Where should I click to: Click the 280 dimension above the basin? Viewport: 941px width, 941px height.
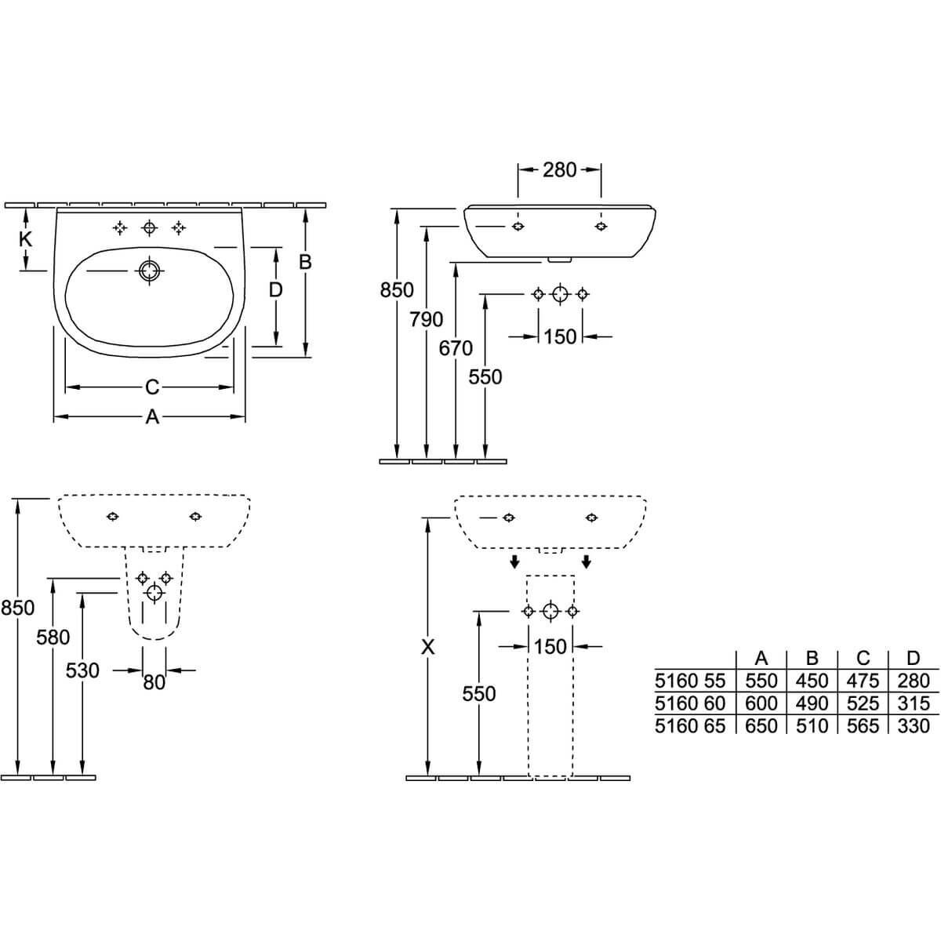click(x=559, y=170)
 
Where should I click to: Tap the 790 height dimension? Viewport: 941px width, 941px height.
click(x=427, y=319)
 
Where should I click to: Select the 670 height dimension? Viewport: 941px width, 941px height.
click(x=456, y=348)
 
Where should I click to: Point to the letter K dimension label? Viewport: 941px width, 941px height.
click(x=25, y=239)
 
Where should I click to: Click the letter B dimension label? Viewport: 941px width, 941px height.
click(x=305, y=262)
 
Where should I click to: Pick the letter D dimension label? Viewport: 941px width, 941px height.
click(x=276, y=290)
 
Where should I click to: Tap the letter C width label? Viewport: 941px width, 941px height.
click(x=152, y=387)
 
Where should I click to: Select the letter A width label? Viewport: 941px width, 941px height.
click(x=152, y=417)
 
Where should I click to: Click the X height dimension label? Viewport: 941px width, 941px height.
click(x=428, y=648)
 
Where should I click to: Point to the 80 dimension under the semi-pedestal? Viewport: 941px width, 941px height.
click(x=154, y=683)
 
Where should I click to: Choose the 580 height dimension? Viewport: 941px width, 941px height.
click(x=53, y=638)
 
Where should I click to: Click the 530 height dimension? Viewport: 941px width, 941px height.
click(x=82, y=670)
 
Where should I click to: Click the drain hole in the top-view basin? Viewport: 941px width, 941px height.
click(x=150, y=271)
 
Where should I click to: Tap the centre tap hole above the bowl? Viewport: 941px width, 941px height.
click(x=150, y=227)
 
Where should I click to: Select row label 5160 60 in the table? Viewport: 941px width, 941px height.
click(x=690, y=703)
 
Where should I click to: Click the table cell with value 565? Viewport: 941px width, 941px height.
click(x=863, y=726)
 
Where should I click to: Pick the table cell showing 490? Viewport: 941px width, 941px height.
click(x=812, y=703)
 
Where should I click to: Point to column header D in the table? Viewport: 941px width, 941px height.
click(x=913, y=658)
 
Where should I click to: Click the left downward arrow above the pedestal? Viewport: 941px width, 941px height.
click(x=514, y=561)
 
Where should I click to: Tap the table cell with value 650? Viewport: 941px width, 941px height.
click(x=761, y=726)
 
